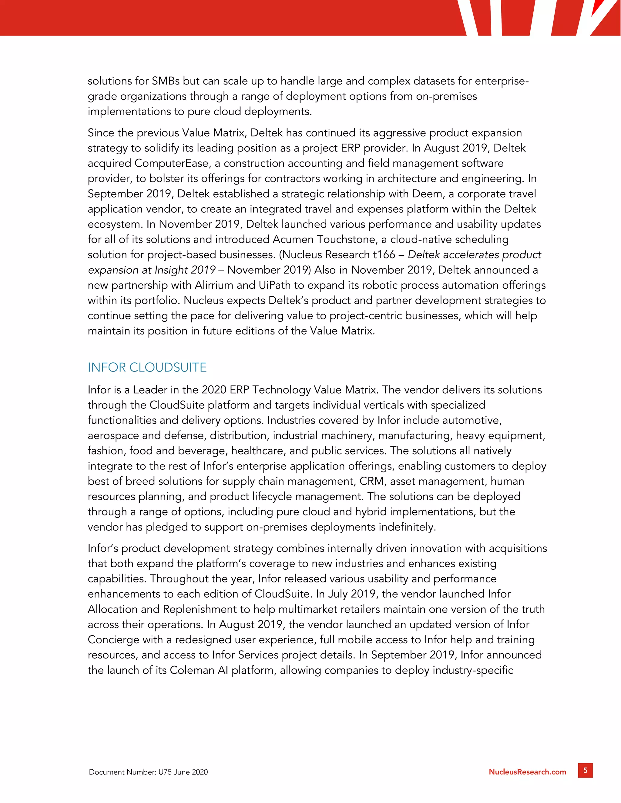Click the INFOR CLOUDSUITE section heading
[147, 367]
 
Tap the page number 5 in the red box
[585, 770]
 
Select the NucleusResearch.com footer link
[527, 772]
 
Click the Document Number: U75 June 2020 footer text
[148, 772]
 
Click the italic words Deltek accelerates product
[475, 255]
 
